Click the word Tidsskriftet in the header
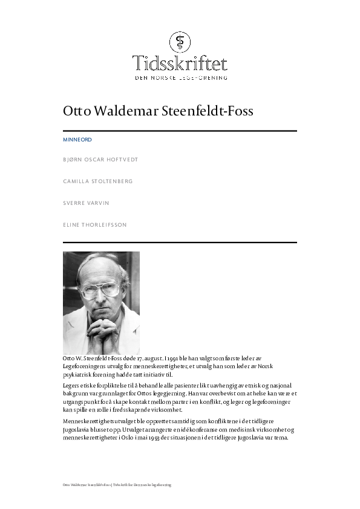pos(180,63)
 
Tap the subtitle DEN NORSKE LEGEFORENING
pos(180,77)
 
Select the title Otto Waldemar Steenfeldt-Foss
pos(158,112)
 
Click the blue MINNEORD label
pos(77,140)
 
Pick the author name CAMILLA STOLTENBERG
pos(97,181)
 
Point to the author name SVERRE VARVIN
pos(86,203)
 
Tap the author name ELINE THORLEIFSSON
pos(95,225)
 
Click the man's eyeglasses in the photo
pos(100,290)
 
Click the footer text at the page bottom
pos(117,485)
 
